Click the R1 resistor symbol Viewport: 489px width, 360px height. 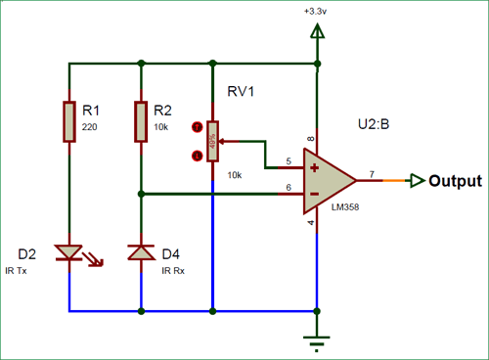pyautogui.click(x=69, y=120)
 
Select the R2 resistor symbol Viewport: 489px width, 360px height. pyautogui.click(x=141, y=120)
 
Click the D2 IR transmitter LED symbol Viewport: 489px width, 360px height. pyautogui.click(x=69, y=253)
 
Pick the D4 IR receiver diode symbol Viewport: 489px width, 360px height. pyautogui.click(x=141, y=253)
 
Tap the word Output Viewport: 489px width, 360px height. pyautogui.click(x=456, y=181)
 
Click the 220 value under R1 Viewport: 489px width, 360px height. pyautogui.click(x=89, y=127)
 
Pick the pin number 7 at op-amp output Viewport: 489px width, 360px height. pyautogui.click(x=371, y=173)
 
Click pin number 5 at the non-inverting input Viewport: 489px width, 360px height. pyautogui.click(x=287, y=161)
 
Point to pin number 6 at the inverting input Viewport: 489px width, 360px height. pyautogui.click(x=287, y=187)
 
